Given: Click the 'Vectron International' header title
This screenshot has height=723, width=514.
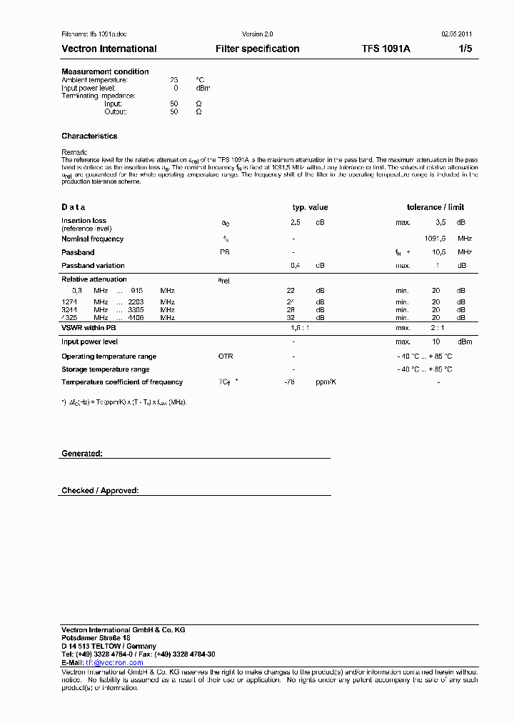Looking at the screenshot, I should pyautogui.click(x=109, y=49).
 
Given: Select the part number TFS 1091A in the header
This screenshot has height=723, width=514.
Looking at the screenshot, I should pyautogui.click(x=385, y=49).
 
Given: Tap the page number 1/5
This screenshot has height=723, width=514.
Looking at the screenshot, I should pyautogui.click(x=465, y=49).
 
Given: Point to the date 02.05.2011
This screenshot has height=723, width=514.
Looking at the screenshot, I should pyautogui.click(x=456, y=34).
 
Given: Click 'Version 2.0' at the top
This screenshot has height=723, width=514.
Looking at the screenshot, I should pyautogui.click(x=258, y=34).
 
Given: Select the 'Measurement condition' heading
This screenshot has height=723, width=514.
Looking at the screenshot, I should pyautogui.click(x=105, y=71).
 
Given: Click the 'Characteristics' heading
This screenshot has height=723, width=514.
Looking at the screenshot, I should pyautogui.click(x=89, y=136).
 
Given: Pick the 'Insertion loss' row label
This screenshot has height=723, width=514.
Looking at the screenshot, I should pyautogui.click(x=84, y=221).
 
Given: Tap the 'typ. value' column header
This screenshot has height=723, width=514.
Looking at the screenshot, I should pyautogui.click(x=310, y=207).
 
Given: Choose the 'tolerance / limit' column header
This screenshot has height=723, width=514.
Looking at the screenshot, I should pyautogui.click(x=435, y=207).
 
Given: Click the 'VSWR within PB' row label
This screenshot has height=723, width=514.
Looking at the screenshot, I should pyautogui.click(x=89, y=327).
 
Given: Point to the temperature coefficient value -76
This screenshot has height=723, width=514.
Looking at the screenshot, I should pyautogui.click(x=289, y=382).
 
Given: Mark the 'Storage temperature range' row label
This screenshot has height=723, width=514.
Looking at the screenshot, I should pyautogui.click(x=106, y=369).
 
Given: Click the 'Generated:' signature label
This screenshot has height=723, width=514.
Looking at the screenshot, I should pyautogui.click(x=82, y=454).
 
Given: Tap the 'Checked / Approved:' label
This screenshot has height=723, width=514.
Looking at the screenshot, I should pyautogui.click(x=100, y=491).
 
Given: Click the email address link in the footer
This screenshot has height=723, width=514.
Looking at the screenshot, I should pyautogui.click(x=114, y=662).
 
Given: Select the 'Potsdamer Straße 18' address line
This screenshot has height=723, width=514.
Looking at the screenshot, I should pyautogui.click(x=96, y=637).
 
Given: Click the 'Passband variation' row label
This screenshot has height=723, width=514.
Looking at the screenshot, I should pyautogui.click(x=93, y=266).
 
